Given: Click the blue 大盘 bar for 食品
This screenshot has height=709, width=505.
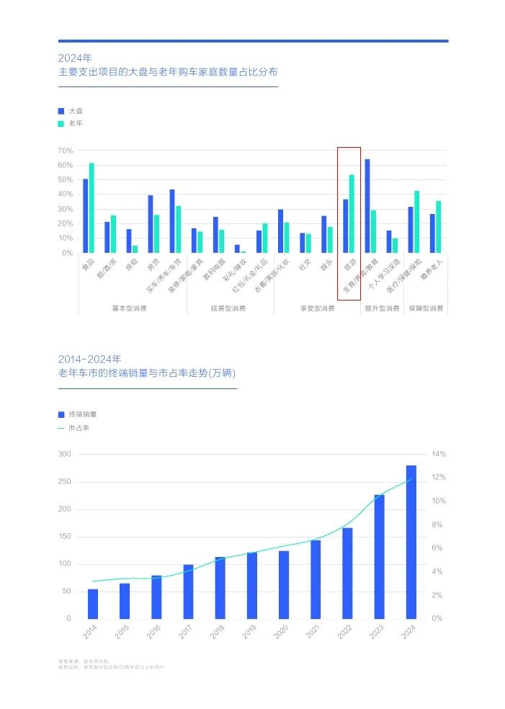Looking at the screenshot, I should click(x=85, y=215).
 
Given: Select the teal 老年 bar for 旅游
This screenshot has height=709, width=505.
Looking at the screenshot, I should click(x=352, y=213).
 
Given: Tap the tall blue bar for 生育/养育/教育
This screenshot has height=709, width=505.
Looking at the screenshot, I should click(x=367, y=205).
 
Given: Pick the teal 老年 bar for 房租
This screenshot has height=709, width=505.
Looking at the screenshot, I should click(x=135, y=249).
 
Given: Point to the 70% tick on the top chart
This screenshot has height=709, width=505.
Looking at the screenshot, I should click(x=66, y=151).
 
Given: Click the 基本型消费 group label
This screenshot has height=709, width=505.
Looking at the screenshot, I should click(x=129, y=308).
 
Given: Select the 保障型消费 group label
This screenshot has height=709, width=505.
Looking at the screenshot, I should click(x=426, y=308).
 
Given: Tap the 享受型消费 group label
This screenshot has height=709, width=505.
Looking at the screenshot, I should click(x=318, y=308).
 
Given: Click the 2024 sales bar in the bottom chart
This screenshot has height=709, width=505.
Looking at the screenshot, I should click(x=411, y=542).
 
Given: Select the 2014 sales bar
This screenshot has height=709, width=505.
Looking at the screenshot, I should click(x=93, y=604).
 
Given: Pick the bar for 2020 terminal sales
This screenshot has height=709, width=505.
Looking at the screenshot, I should click(x=284, y=584).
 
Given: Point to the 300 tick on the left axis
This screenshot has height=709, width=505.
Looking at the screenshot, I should click(x=65, y=454).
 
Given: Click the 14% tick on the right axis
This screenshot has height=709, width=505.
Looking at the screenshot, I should click(x=439, y=454).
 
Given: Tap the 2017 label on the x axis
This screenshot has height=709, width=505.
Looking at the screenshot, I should click(x=185, y=633).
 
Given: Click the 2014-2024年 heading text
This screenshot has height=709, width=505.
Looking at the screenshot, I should click(x=90, y=359).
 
